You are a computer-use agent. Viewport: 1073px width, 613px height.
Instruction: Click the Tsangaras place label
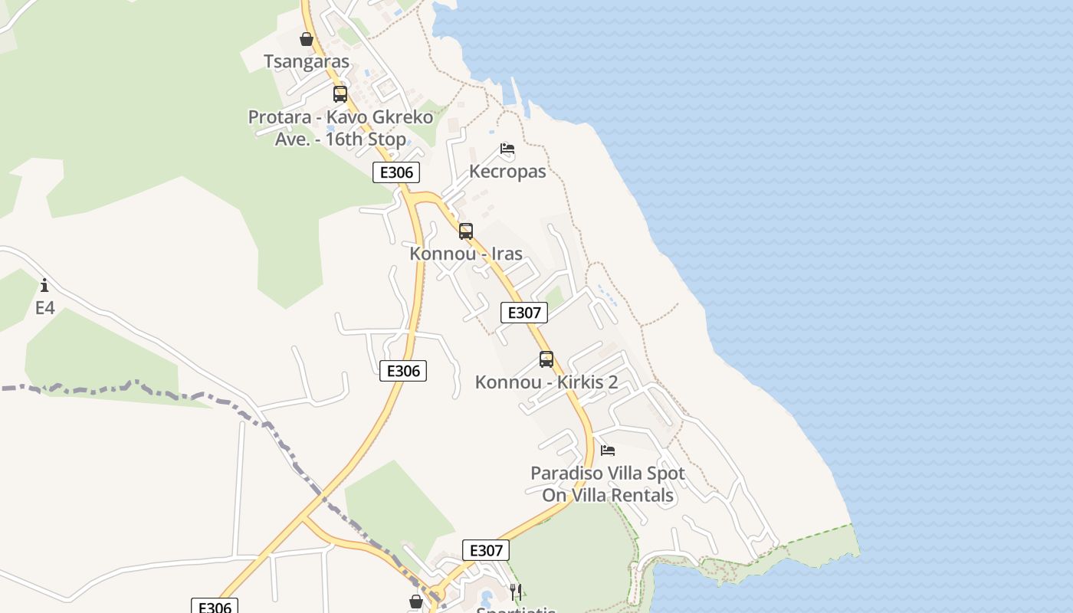(307, 61)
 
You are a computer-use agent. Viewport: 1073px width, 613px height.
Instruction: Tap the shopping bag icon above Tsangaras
(307, 39)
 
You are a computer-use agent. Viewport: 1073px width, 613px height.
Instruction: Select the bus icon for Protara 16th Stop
(340, 94)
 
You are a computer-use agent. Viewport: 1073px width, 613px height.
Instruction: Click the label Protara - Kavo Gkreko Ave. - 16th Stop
(340, 129)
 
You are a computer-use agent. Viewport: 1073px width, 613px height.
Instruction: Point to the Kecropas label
(507, 171)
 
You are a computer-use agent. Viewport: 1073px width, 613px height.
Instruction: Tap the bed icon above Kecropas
(507, 149)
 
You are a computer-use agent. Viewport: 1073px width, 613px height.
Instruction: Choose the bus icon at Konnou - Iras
(466, 231)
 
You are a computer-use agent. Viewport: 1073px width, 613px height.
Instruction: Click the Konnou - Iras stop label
(466, 254)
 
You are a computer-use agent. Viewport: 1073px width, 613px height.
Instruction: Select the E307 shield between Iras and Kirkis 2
(524, 313)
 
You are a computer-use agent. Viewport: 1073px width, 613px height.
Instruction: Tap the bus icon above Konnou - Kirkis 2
(546, 359)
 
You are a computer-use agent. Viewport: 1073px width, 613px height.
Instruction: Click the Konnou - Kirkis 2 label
(546, 382)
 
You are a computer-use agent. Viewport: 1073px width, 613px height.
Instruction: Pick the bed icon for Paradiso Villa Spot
(608, 450)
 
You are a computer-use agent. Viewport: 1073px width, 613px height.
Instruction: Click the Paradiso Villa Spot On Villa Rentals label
(608, 484)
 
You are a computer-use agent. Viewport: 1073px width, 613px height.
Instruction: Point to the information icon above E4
(44, 286)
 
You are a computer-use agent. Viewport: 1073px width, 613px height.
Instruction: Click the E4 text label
(45, 308)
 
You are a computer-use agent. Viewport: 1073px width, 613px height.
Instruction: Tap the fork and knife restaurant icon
(516, 592)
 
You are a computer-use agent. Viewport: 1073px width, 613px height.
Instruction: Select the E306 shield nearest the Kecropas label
(396, 172)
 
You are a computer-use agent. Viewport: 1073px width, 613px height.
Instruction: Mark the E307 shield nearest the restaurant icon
(486, 550)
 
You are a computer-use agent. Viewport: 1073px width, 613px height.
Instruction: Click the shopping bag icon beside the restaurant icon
(416, 602)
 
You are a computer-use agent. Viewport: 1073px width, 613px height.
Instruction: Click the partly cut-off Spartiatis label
(516, 609)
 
